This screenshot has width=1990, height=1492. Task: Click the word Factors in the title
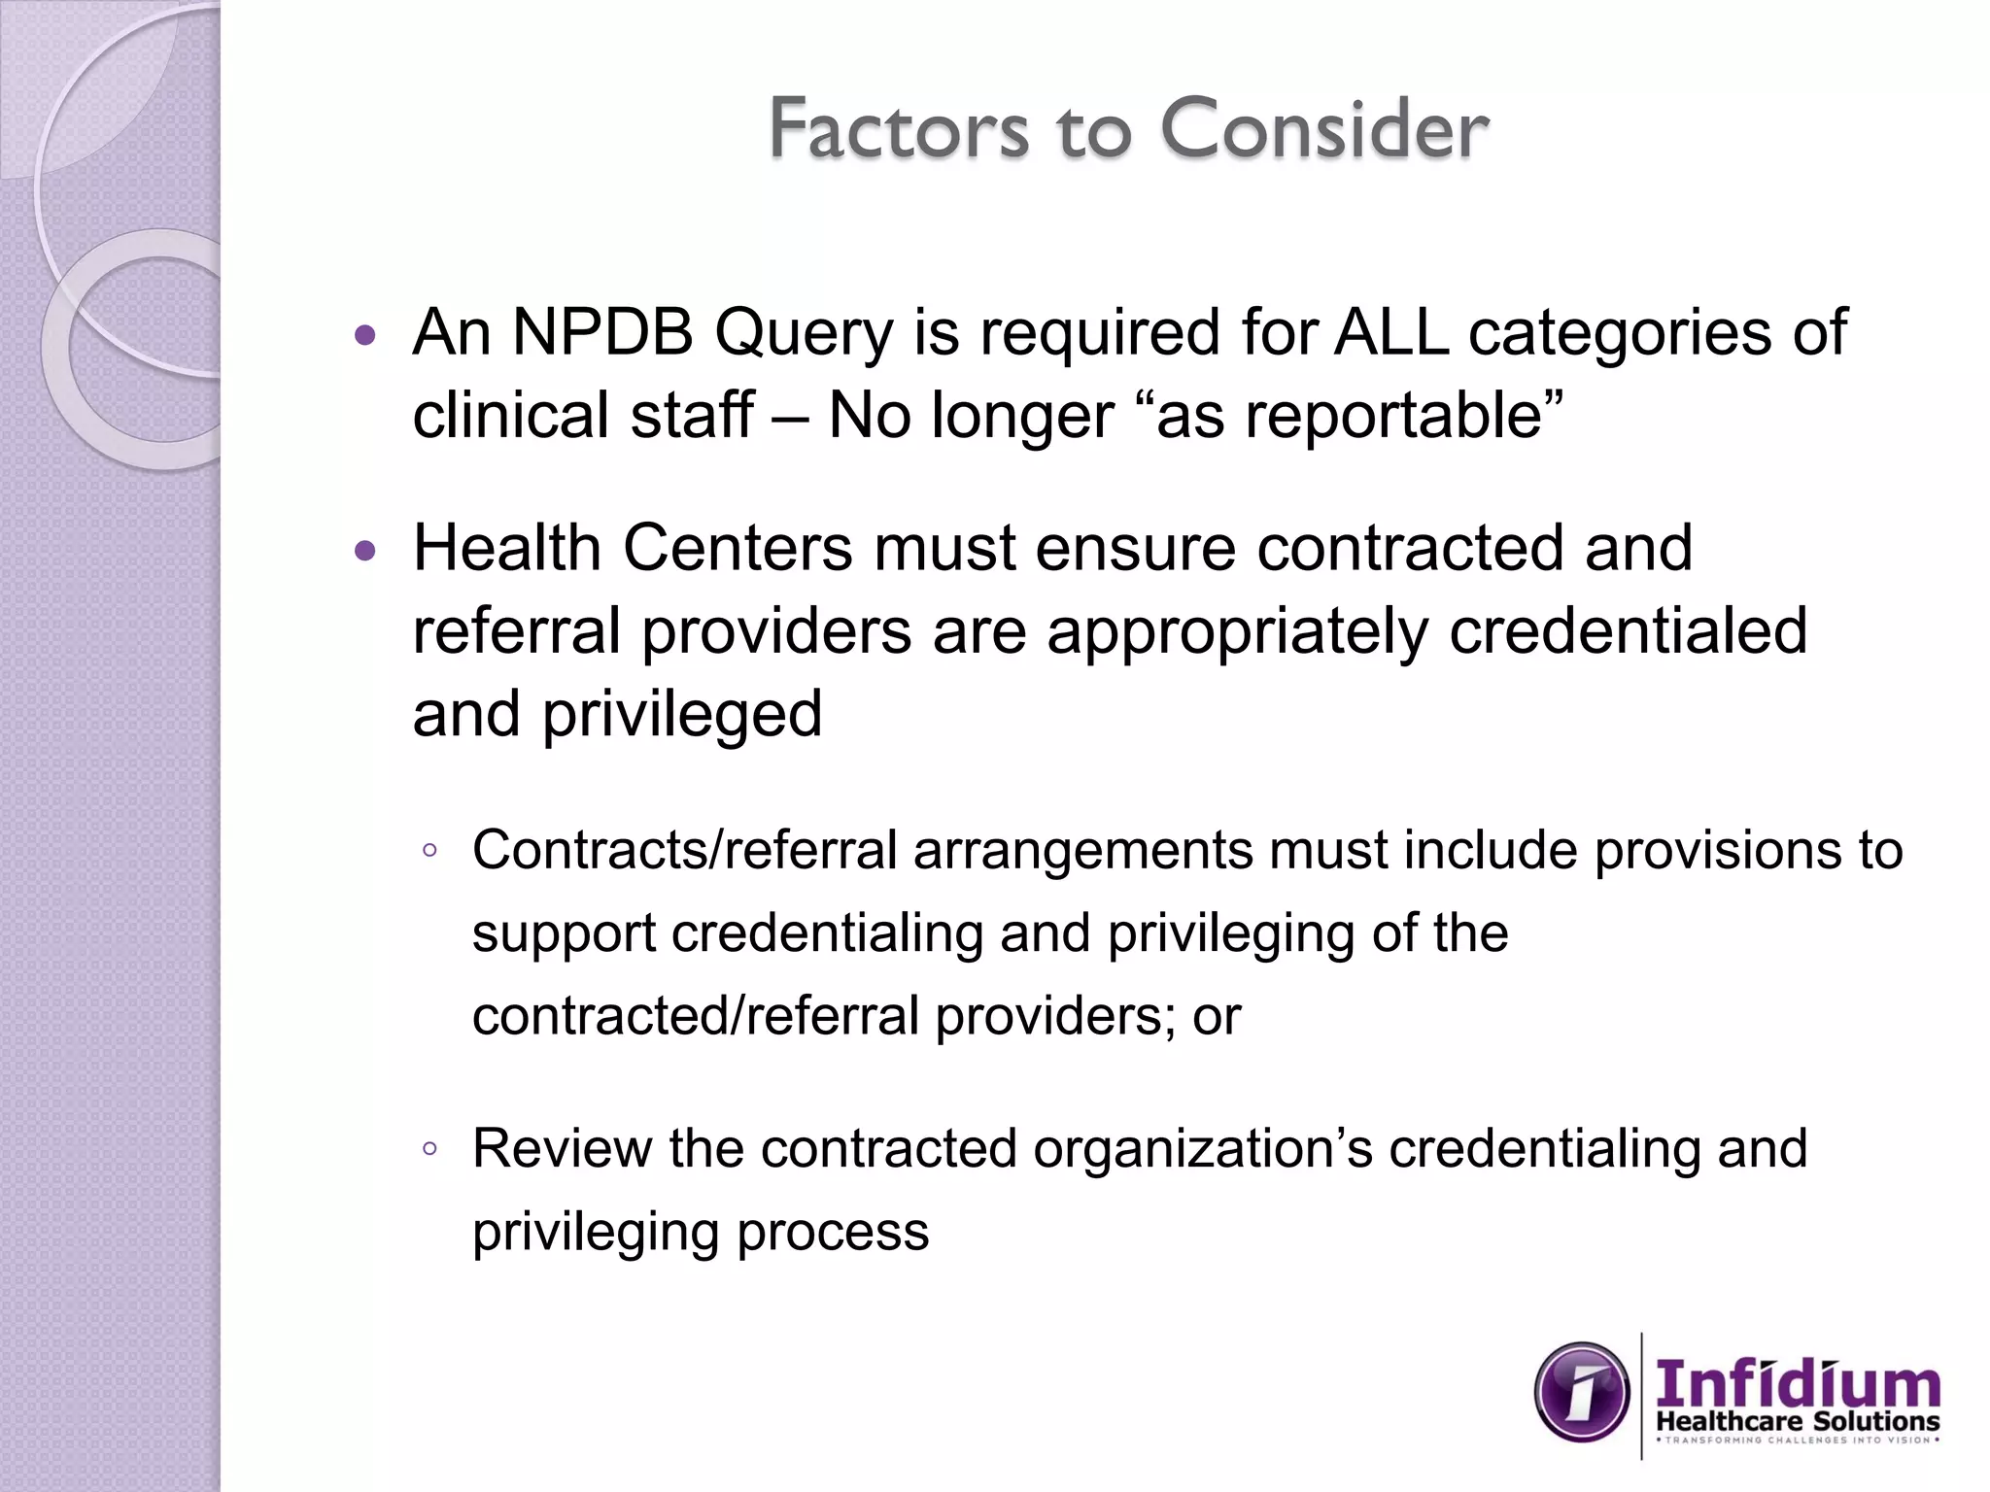coord(898,128)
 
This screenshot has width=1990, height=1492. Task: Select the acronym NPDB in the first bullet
coord(602,332)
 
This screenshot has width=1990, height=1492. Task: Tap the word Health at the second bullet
coord(507,548)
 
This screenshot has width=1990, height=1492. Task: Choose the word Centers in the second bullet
coord(737,548)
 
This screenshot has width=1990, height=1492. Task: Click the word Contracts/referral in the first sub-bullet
coord(684,850)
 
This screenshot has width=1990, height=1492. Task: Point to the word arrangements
coord(1082,852)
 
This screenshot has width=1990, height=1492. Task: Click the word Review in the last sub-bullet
coord(562,1148)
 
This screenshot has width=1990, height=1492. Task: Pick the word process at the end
coord(833,1234)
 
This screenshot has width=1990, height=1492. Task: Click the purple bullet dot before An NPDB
coord(365,336)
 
